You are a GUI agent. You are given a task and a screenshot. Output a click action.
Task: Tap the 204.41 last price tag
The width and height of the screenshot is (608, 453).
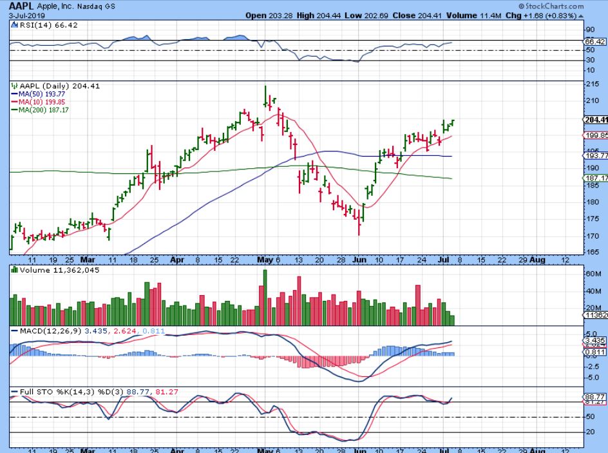(595, 120)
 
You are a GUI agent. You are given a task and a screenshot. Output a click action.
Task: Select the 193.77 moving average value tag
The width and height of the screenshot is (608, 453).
(595, 156)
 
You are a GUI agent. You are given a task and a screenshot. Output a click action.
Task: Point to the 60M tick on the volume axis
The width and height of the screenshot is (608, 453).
(592, 274)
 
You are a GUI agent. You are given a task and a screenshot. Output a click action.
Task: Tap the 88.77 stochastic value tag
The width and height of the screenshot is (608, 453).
(594, 397)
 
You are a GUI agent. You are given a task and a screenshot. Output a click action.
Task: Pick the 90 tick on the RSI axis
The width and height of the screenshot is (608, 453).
(589, 30)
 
